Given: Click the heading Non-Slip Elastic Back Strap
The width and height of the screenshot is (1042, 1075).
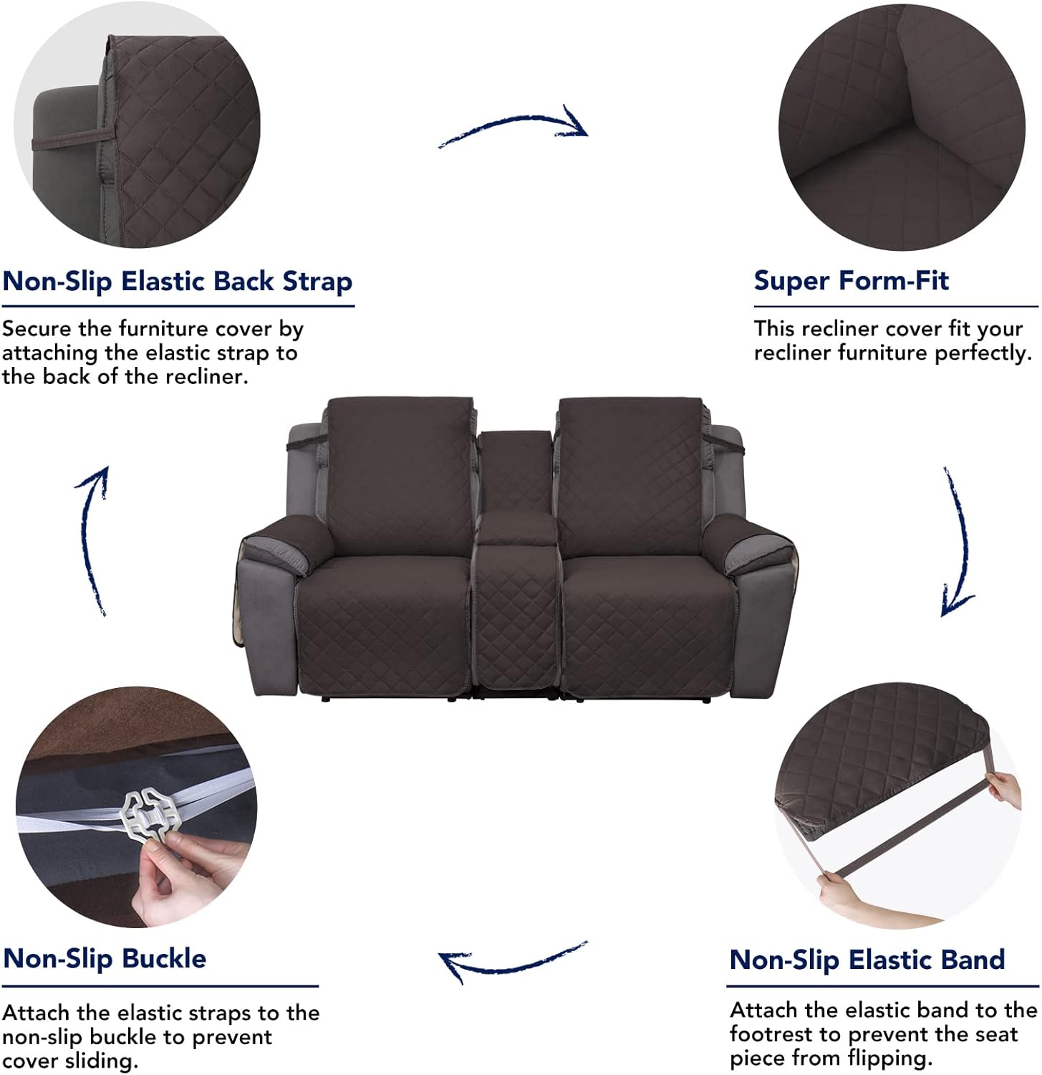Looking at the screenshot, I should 177,282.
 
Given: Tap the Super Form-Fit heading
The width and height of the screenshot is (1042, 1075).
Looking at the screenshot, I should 851,280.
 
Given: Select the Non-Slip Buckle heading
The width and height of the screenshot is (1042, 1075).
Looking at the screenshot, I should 105,958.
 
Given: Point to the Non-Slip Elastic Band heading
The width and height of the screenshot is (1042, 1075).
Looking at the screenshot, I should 867,960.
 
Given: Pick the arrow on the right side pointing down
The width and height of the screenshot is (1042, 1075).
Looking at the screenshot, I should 958,545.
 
